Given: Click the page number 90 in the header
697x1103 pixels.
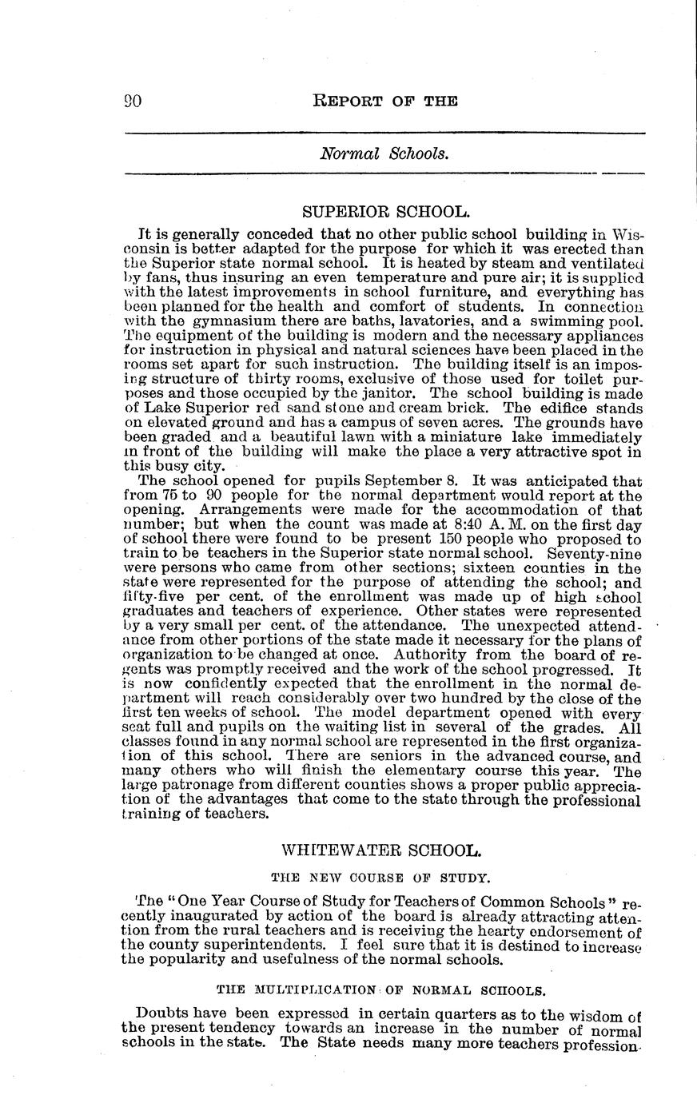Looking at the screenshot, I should (133, 101).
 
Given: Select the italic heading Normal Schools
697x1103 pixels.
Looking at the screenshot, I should (384, 153).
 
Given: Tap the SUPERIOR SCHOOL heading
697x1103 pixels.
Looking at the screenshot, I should (385, 212).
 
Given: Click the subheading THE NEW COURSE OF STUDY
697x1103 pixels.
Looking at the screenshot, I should (380, 877).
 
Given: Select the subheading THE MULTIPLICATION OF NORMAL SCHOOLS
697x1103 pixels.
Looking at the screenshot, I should (381, 990).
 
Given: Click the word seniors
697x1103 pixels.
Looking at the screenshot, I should (387, 755).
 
